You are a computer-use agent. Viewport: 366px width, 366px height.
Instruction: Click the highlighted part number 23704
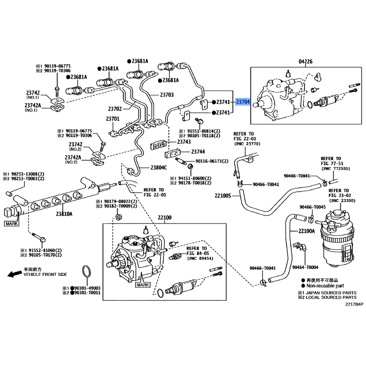coord(243,102)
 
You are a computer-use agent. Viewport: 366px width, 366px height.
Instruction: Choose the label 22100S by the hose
coord(224,196)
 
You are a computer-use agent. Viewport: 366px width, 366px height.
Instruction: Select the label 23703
coord(167,95)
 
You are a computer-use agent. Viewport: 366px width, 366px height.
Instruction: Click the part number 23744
coord(198,151)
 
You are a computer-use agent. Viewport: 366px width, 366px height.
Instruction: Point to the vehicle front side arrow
coord(14,274)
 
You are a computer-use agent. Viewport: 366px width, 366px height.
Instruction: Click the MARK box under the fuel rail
coord(11,224)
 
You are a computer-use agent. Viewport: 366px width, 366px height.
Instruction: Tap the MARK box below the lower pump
coord(143,285)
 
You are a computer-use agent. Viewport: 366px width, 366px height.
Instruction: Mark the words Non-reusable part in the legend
coord(326,285)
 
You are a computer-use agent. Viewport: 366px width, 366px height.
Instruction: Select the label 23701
coord(113,119)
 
